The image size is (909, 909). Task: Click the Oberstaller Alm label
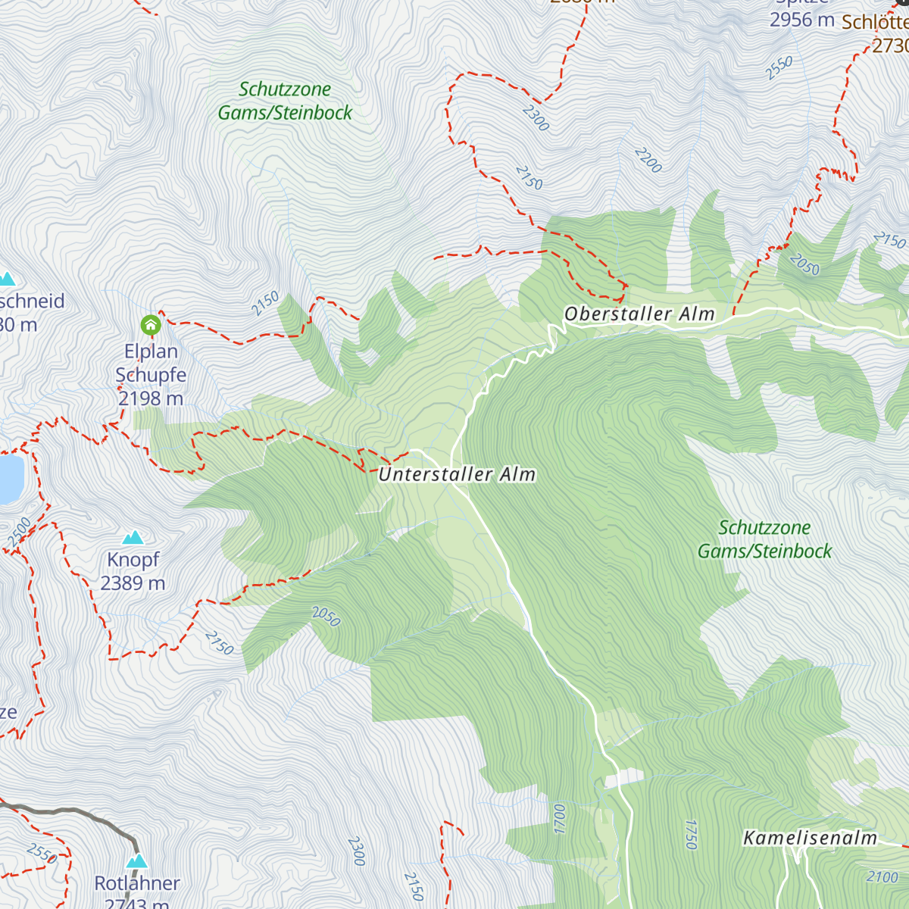(639, 314)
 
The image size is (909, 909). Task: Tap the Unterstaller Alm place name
(457, 475)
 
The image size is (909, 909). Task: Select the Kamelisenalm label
(810, 838)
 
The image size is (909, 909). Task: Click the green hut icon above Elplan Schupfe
(151, 326)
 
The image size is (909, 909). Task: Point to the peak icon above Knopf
(134, 538)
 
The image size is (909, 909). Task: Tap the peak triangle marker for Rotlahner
(137, 861)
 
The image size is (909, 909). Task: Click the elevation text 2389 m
(133, 583)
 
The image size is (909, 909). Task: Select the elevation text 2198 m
(151, 398)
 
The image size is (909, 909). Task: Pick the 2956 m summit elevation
(801, 20)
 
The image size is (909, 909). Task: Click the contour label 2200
(648, 161)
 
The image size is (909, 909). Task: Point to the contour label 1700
(560, 818)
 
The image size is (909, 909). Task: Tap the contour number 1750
(690, 834)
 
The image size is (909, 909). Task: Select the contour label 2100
(882, 877)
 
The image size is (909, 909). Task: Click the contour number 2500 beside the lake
(20, 532)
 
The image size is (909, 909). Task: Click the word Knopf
(133, 560)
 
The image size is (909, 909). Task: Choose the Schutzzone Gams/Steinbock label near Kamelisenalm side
(764, 539)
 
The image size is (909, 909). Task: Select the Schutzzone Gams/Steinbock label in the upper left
(285, 101)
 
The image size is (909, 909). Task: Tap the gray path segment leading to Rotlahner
(76, 813)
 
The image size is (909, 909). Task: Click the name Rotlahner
(137, 883)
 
